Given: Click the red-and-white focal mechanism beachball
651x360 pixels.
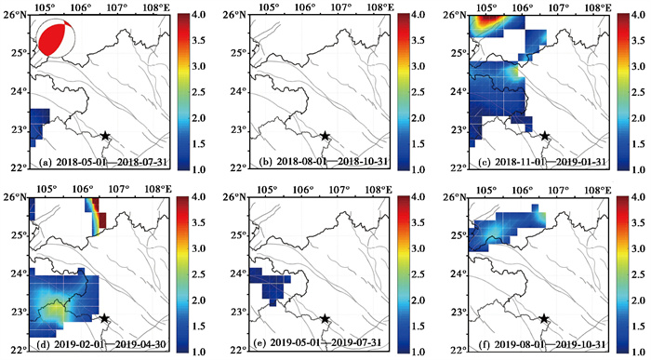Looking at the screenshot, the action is [57, 39].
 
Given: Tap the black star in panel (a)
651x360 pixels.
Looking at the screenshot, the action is [105, 136].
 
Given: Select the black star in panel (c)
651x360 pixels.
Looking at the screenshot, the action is [544, 136].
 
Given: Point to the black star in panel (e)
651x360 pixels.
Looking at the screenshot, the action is [325, 318].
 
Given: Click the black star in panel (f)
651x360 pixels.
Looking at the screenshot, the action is [544, 318].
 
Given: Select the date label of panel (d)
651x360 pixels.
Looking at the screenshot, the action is [104, 344].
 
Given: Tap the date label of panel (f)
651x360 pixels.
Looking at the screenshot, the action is [542, 344].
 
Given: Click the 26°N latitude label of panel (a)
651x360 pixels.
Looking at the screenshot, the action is [16, 16].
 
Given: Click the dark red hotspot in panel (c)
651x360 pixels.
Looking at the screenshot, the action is [488, 19].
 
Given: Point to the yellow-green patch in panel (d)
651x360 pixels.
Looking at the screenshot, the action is [54, 310].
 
